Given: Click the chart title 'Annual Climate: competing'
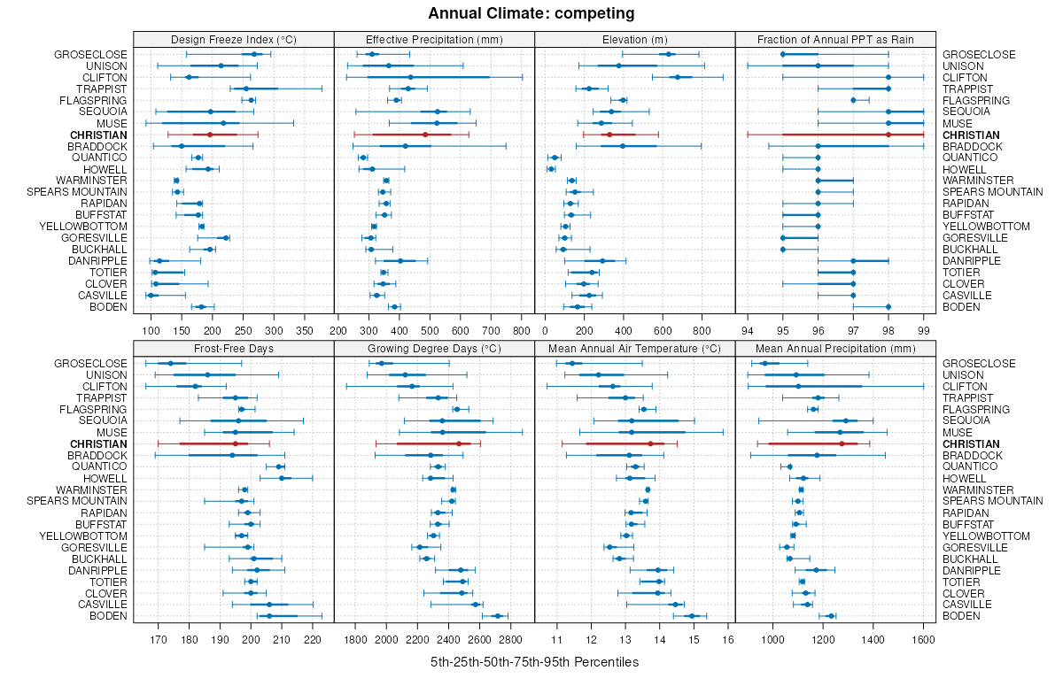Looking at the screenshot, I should (531, 13).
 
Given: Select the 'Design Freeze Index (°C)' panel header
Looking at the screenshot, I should (234, 39).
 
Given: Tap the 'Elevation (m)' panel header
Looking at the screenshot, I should (635, 39).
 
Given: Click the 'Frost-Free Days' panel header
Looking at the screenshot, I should (234, 349).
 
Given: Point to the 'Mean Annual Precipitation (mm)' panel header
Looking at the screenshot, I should (835, 349).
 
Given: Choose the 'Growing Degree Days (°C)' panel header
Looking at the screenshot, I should (434, 349).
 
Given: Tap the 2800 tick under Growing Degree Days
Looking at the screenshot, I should (509, 639).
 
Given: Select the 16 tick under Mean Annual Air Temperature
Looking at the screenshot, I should (728, 639).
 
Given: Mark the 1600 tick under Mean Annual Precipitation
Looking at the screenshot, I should (923, 639).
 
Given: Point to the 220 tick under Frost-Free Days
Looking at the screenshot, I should (312, 639).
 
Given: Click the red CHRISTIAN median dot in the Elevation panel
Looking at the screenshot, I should (609, 135).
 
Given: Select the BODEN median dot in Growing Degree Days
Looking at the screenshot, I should (497, 616).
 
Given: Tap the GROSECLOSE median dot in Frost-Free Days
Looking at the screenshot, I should (171, 363).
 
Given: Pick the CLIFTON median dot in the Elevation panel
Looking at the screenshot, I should (678, 77).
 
